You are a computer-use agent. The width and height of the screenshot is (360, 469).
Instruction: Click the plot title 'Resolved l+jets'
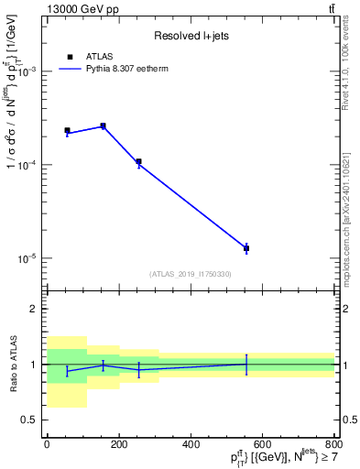190,36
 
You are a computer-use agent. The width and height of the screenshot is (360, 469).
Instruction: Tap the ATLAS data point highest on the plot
103,125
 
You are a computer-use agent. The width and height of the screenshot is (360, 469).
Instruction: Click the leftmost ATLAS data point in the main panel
67,131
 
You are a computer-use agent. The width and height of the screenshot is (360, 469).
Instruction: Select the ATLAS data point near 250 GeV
138,161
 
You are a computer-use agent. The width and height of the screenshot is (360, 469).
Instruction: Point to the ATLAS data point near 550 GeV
246,248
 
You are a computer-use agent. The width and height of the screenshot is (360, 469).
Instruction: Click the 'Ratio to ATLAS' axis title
12,364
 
